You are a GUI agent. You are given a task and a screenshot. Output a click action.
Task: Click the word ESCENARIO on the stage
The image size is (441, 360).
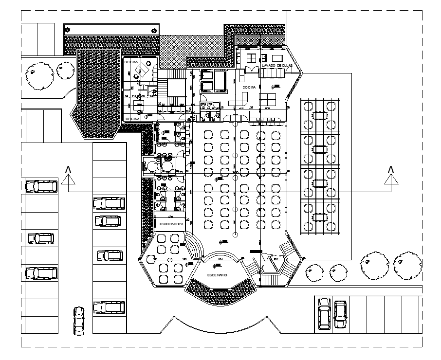point(217,275)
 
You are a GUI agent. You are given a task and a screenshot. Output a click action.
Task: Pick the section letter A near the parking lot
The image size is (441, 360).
point(68,169)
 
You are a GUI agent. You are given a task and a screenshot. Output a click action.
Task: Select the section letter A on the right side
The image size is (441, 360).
point(390,169)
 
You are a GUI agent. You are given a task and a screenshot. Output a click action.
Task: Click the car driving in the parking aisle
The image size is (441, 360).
point(79,321)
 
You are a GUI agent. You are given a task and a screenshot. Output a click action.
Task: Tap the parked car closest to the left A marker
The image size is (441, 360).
point(41,186)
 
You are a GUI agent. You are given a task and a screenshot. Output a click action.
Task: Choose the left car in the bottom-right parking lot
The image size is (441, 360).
point(324,313)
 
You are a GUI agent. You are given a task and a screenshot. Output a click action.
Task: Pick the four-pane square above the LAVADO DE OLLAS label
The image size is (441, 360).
point(251,58)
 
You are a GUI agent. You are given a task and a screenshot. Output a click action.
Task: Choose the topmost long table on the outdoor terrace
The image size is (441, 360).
point(319,115)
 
